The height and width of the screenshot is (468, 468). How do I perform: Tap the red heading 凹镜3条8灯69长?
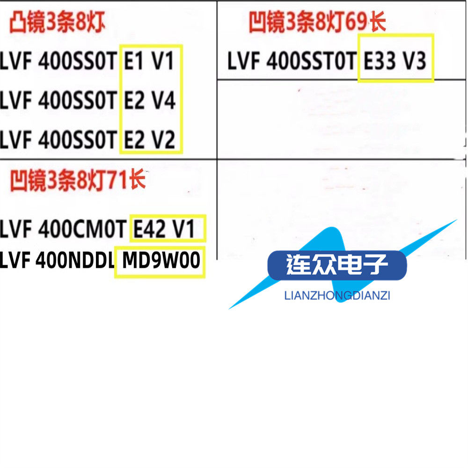pyautogui.click(x=317, y=22)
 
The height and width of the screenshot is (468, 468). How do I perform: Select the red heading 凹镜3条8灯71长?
pyautogui.click(x=77, y=181)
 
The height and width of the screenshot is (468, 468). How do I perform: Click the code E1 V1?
pyautogui.click(x=150, y=61)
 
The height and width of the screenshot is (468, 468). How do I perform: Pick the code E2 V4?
pyautogui.click(x=150, y=101)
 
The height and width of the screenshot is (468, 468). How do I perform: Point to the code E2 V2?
pyautogui.click(x=150, y=140)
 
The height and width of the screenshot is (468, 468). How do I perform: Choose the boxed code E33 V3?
pyautogui.click(x=395, y=61)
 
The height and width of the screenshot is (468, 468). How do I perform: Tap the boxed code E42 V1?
pyautogui.click(x=168, y=228)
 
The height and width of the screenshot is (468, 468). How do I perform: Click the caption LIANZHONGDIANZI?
pyautogui.click(x=337, y=296)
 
